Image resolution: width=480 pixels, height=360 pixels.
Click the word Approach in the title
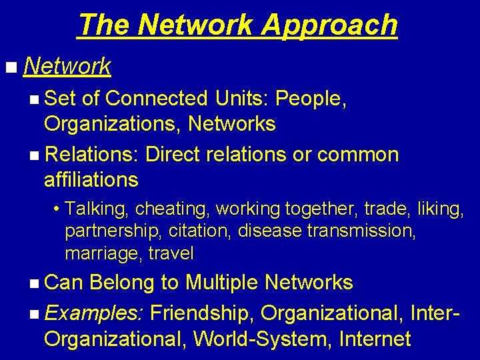pyautogui.click(x=329, y=25)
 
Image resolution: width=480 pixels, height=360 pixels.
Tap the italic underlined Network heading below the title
pyautogui.click(x=67, y=66)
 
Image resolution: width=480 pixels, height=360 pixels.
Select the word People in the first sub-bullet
pyautogui.click(x=309, y=99)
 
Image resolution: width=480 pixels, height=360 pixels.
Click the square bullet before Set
pyautogui.click(x=34, y=99)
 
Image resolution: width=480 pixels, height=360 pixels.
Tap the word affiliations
pyautogui.click(x=91, y=179)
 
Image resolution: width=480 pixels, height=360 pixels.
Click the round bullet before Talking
pyautogui.click(x=58, y=209)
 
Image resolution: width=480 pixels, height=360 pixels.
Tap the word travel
pyautogui.click(x=172, y=253)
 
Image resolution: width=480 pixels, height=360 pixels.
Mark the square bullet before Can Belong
pyautogui.click(x=34, y=283)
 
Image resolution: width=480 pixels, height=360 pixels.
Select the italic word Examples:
pyautogui.click(x=94, y=311)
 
